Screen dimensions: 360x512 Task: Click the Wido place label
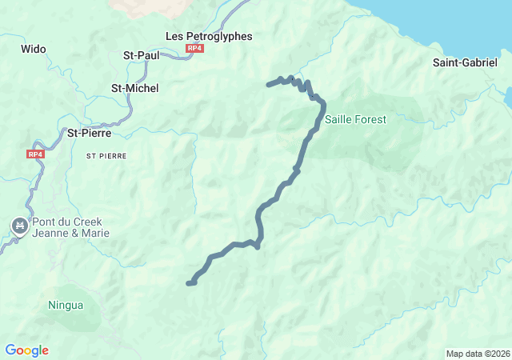click(34, 49)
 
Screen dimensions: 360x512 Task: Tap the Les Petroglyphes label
click(208, 36)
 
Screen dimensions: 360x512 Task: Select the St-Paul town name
click(141, 55)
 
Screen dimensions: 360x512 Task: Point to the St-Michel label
click(134, 88)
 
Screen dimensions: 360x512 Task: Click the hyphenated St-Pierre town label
click(89, 133)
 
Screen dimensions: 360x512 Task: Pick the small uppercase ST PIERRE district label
click(106, 157)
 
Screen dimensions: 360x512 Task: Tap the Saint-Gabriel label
click(464, 62)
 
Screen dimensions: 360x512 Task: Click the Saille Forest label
click(355, 119)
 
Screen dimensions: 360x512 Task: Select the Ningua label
click(66, 305)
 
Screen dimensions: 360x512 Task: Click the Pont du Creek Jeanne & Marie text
click(70, 227)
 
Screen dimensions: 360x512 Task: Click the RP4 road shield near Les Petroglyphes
click(194, 49)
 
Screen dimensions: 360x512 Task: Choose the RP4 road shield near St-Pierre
click(34, 154)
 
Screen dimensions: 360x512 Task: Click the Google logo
click(26, 350)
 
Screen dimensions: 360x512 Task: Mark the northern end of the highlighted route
click(269, 84)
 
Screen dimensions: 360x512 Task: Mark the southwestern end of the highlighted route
click(189, 283)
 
